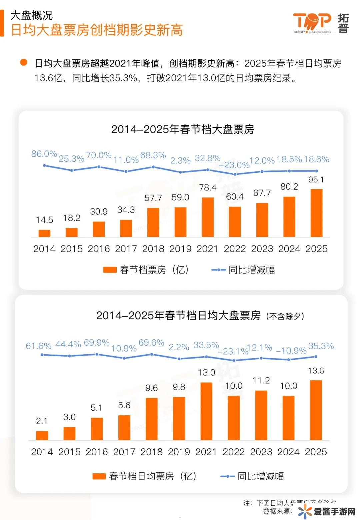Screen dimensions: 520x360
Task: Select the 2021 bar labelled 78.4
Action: pyautogui.click(x=208, y=217)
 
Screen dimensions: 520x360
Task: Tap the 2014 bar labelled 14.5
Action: pyautogui.click(x=44, y=233)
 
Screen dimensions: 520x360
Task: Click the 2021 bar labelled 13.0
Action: pyautogui.click(x=206, y=411)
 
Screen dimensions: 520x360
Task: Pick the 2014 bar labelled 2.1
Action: pyautogui.click(x=42, y=435)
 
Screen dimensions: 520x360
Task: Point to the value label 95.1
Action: pyautogui.click(x=316, y=180)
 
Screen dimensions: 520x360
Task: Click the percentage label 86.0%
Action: pyautogui.click(x=44, y=154)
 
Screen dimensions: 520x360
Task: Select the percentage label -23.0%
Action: pyautogui.click(x=234, y=165)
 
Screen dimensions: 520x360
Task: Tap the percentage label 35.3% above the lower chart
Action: pyautogui.click(x=321, y=346)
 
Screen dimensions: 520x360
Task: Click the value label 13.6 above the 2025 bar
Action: pyautogui.click(x=316, y=371)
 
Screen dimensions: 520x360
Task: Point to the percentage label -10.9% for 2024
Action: pyautogui.click(x=291, y=351)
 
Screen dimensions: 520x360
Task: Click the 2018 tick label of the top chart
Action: pyautogui.click(x=153, y=249)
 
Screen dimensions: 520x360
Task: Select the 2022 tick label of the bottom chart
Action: pyautogui.click(x=234, y=452)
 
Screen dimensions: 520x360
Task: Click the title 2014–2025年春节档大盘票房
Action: pyautogui.click(x=183, y=129)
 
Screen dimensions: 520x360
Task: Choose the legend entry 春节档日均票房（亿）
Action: pyautogui.click(x=145, y=476)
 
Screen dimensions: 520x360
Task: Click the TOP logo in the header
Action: pyautogui.click(x=312, y=23)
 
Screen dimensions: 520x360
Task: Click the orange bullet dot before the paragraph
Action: pyautogui.click(x=24, y=62)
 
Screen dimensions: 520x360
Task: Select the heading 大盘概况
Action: pyautogui.click(x=31, y=15)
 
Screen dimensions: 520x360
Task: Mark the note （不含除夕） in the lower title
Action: pyautogui.click(x=285, y=316)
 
